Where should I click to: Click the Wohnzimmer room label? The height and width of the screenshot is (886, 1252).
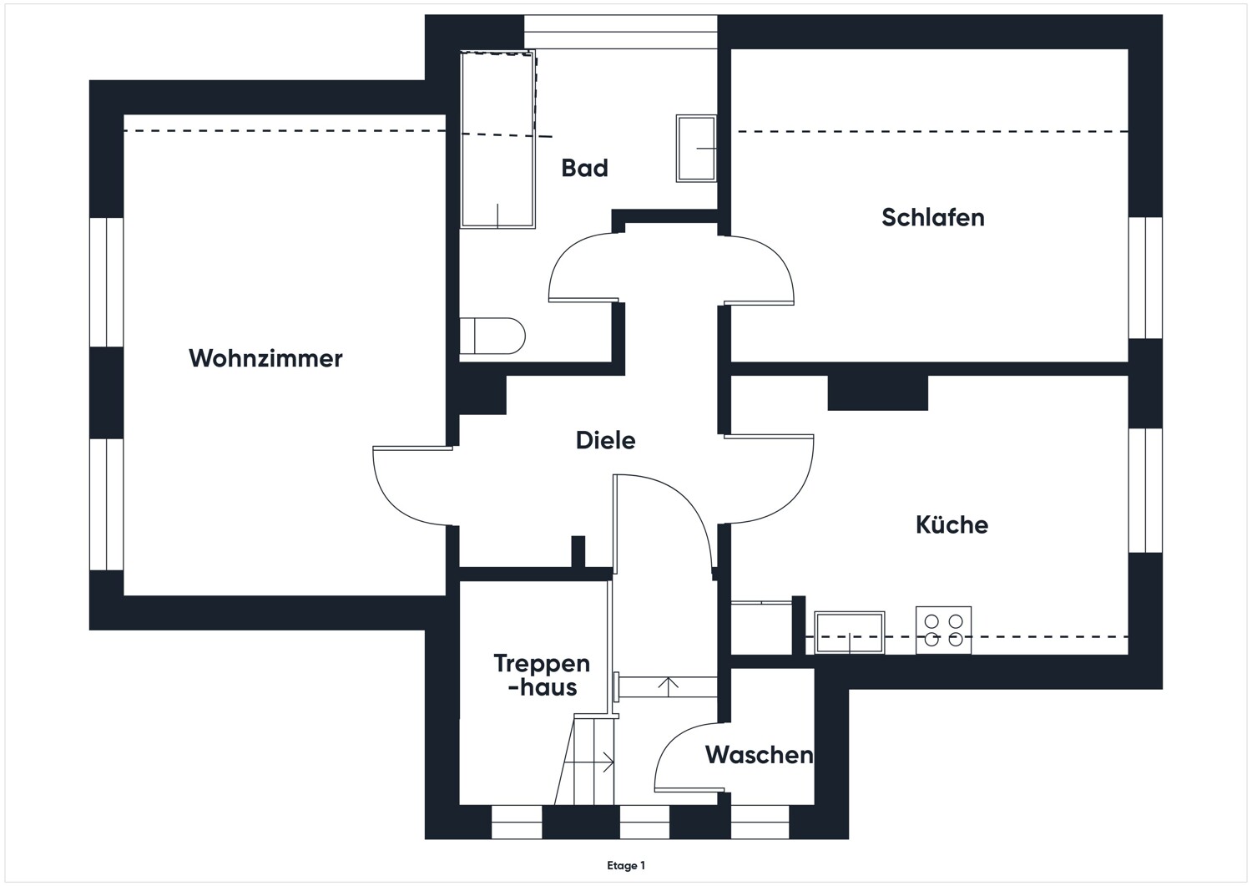[265, 358]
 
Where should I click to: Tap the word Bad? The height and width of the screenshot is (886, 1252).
[584, 168]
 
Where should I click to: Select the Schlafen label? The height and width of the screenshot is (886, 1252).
[932, 217]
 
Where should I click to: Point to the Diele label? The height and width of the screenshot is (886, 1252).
[605, 440]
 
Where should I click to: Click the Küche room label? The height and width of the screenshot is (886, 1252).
[952, 524]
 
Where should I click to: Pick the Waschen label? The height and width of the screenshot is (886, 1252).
[758, 755]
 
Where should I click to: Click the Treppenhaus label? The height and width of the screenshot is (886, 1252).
[542, 675]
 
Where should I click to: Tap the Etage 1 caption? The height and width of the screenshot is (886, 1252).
[626, 866]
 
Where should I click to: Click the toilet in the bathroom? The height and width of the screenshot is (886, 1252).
[492, 336]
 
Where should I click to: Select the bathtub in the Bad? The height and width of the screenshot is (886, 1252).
[497, 139]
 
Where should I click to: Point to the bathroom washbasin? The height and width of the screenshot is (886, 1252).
[695, 149]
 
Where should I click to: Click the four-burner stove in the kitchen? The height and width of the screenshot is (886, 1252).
[943, 630]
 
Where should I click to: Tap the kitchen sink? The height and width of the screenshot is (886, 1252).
[850, 632]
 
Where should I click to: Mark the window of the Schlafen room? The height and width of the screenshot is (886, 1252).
[1145, 277]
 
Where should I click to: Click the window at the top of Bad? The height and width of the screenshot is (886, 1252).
[619, 33]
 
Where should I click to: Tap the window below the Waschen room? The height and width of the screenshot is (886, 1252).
[760, 822]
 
